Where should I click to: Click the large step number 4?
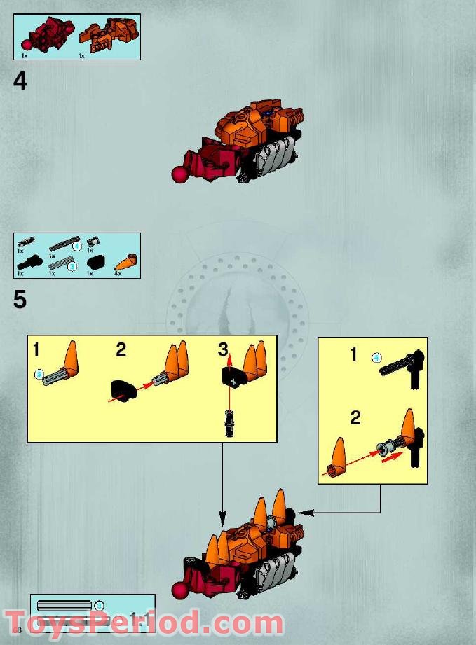[x=20, y=82]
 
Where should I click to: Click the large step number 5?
[x=20, y=300]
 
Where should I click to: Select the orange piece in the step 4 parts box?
[x=102, y=35]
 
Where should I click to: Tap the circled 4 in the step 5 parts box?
[x=77, y=246]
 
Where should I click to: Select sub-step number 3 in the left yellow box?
[x=223, y=349]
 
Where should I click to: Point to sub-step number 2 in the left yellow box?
[x=121, y=349]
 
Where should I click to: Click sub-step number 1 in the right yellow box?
[x=354, y=355]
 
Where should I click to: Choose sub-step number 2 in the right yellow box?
[x=355, y=418]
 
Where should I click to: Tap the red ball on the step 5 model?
[x=180, y=591]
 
